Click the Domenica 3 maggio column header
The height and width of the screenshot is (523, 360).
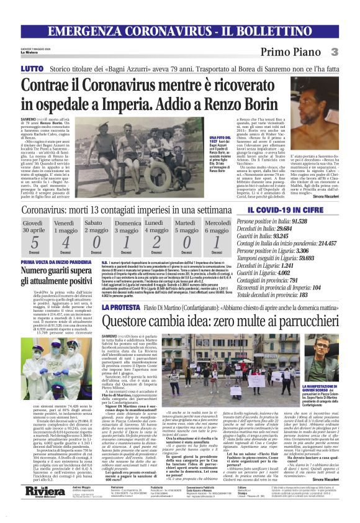pyautogui.click(x=127, y=227)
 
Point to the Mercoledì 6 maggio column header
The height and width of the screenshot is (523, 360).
pyautogui.click(x=217, y=227)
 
